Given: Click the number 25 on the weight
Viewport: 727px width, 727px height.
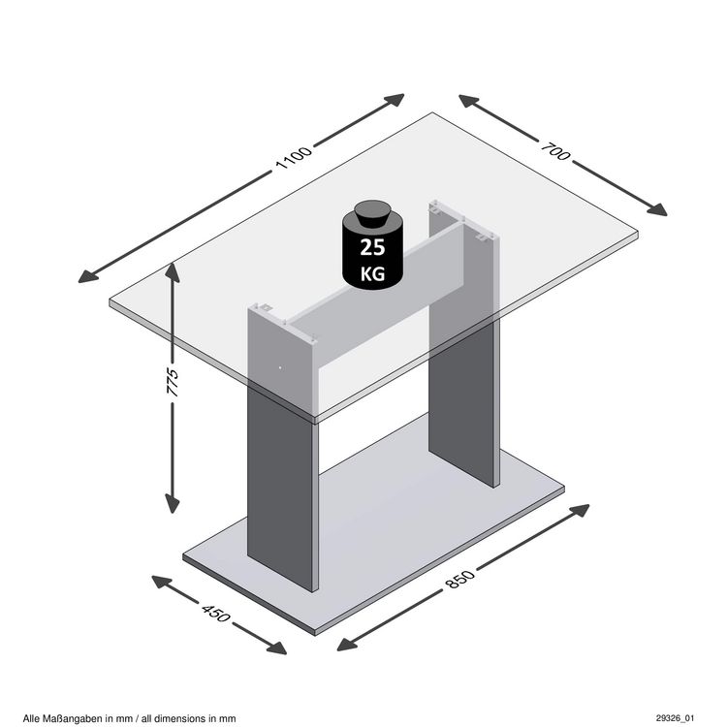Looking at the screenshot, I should pyautogui.click(x=372, y=246).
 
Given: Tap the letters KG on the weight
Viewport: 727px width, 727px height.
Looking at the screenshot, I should pyautogui.click(x=372, y=273).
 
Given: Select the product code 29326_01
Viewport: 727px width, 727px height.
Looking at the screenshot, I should pyautogui.click(x=675, y=717).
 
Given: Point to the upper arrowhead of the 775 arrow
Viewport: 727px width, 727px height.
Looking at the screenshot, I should pyautogui.click(x=173, y=270).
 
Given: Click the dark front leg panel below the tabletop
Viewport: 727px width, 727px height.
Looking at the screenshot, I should pyautogui.click(x=283, y=494).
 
